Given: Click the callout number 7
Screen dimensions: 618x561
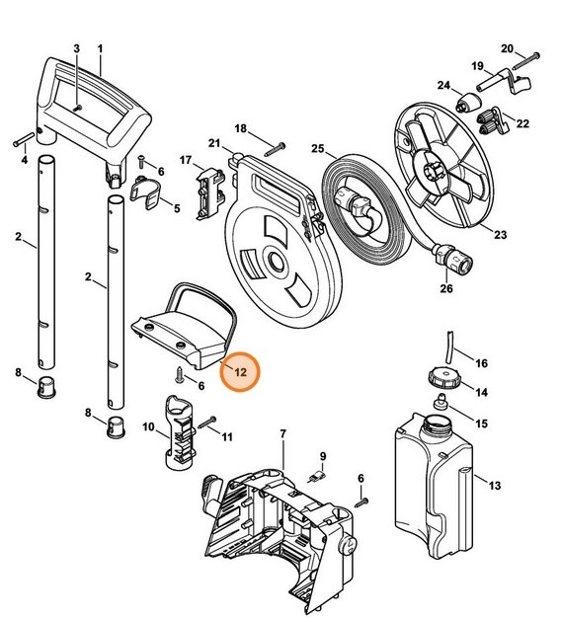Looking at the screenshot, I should pyautogui.click(x=283, y=434).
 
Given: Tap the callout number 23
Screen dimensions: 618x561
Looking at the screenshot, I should pyautogui.click(x=501, y=235).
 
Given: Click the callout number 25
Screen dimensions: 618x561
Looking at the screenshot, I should pyautogui.click(x=318, y=149).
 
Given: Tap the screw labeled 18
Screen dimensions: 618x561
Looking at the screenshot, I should pyautogui.click(x=274, y=145).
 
